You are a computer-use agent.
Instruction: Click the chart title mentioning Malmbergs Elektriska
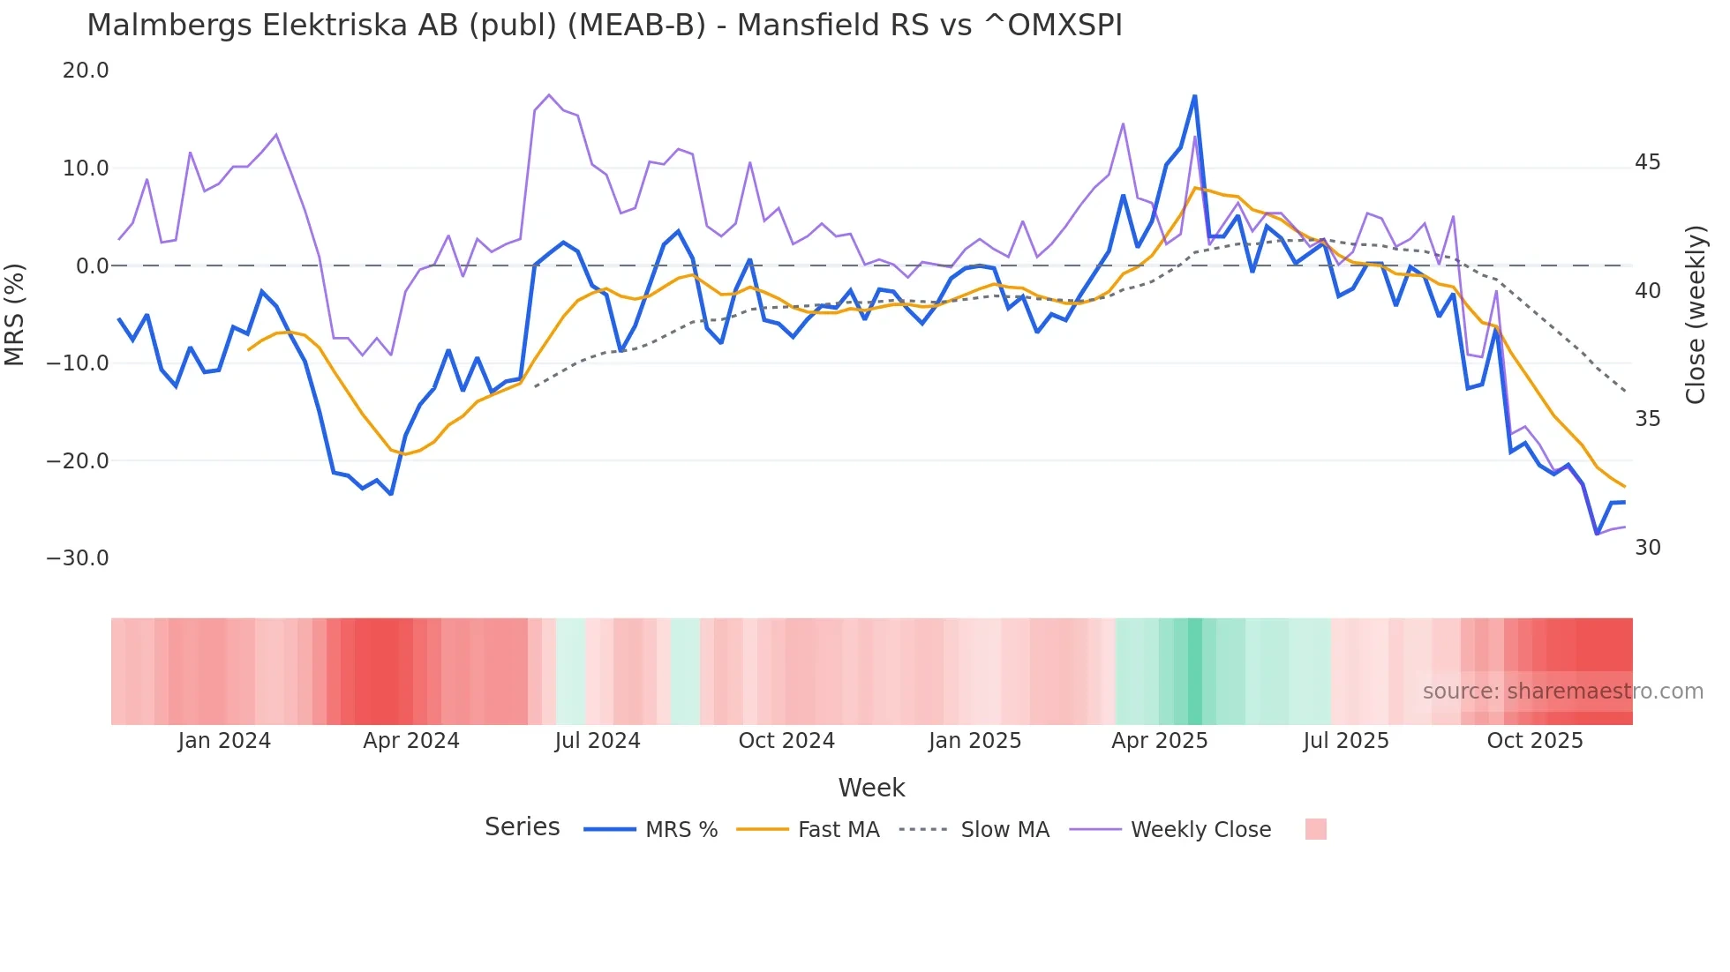coord(605,26)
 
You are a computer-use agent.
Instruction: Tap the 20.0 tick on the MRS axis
coord(86,71)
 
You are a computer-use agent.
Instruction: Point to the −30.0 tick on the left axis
coord(78,558)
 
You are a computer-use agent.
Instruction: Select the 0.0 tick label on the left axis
coord(92,265)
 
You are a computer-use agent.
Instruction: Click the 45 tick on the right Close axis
coord(1647,162)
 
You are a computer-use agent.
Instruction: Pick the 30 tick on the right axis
coord(1647,548)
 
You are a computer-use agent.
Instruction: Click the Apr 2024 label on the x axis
coord(411,741)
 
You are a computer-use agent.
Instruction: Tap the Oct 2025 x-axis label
coord(1535,741)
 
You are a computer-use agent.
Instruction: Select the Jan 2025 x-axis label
coord(974,741)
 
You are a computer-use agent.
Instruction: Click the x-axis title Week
coord(871,788)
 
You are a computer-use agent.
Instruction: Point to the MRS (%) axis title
coord(15,314)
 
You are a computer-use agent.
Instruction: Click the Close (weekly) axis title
coord(1696,315)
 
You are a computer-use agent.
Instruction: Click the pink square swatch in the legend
coord(1315,829)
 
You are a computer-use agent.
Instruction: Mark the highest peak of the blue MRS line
coord(1194,96)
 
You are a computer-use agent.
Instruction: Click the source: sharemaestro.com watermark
coord(1562,692)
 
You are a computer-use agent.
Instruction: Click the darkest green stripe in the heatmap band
coord(1195,671)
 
